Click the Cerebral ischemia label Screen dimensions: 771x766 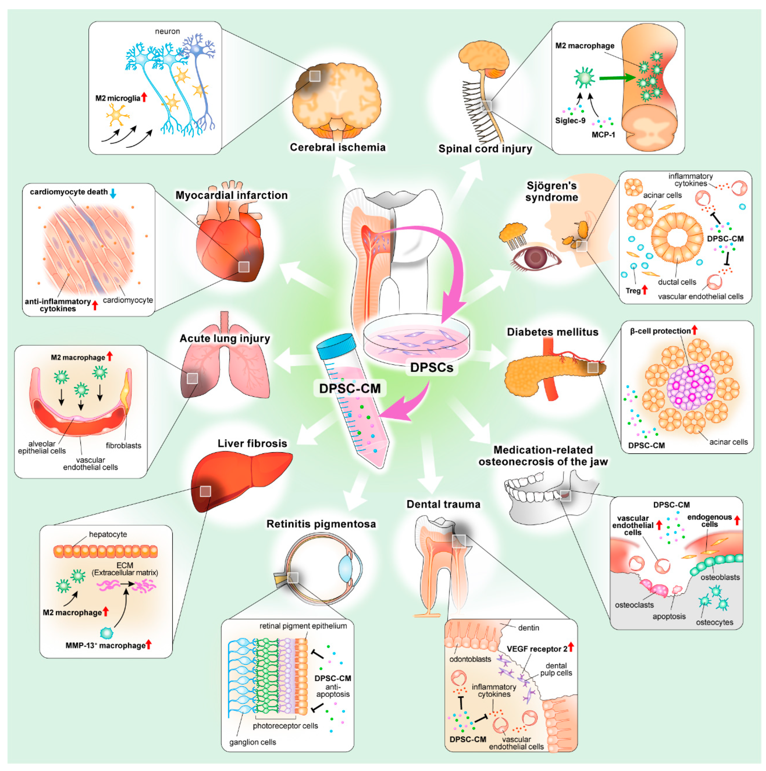click(x=337, y=147)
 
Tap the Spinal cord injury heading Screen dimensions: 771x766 click(x=485, y=149)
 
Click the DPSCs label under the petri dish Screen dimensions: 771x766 click(x=431, y=367)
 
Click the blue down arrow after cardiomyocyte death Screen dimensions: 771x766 click(x=113, y=193)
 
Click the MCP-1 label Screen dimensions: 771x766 click(x=603, y=135)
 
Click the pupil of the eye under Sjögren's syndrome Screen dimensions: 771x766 click(x=535, y=257)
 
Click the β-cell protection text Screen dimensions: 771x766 click(x=660, y=331)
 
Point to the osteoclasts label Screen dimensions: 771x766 click(x=634, y=605)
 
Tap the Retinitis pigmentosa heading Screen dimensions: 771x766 click(x=321, y=524)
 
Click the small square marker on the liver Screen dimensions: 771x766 click(x=205, y=491)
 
